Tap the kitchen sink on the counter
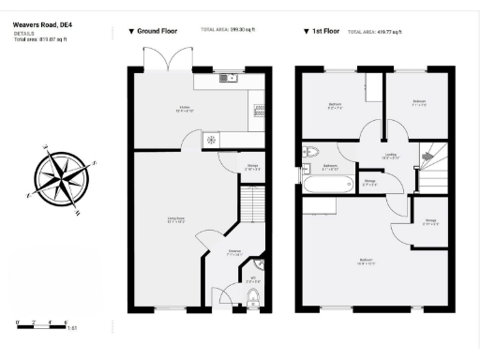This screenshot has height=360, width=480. point(229,78)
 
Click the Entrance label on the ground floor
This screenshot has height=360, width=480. point(235,252)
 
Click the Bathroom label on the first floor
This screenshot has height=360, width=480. point(330,166)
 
